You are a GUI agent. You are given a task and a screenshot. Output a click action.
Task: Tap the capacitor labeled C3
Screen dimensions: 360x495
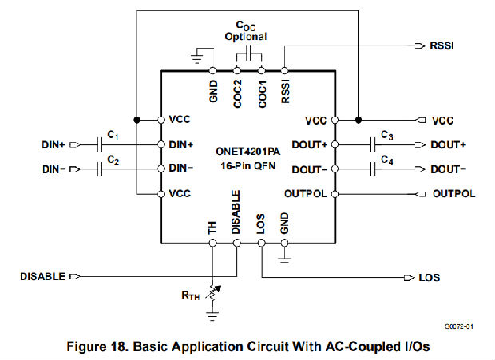pos(374,144)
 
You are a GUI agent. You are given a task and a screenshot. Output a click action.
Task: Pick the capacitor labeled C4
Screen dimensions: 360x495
pos(374,169)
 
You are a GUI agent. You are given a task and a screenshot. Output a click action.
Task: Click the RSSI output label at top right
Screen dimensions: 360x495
pos(444,47)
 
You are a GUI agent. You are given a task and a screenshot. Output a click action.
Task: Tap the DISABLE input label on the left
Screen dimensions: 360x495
pos(42,277)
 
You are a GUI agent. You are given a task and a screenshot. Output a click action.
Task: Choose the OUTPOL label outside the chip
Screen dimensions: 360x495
pos(453,194)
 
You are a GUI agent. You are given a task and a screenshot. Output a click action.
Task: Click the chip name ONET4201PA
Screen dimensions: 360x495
pos(248,150)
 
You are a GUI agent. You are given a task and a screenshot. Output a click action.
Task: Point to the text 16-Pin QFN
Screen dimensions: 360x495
pos(248,166)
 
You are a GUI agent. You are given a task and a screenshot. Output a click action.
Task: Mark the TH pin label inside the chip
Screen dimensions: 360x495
pos(212,227)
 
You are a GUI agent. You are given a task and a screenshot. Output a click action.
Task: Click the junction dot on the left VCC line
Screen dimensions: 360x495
pos(137,121)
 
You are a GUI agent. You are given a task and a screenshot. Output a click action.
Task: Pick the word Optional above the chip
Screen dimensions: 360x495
pos(245,37)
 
